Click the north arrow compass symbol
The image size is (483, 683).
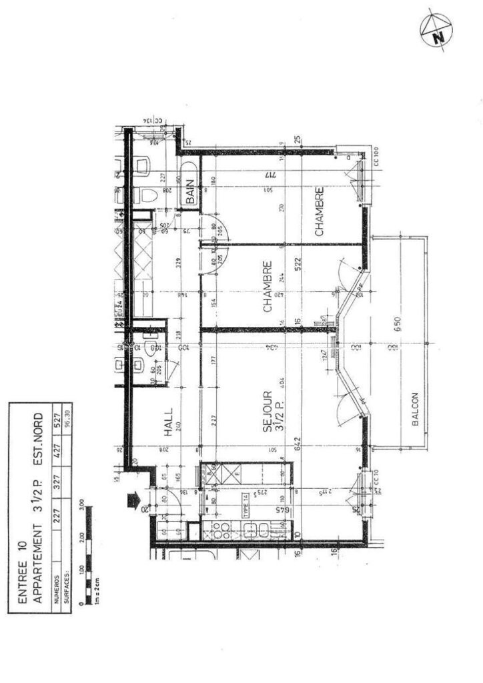[x=437, y=29]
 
